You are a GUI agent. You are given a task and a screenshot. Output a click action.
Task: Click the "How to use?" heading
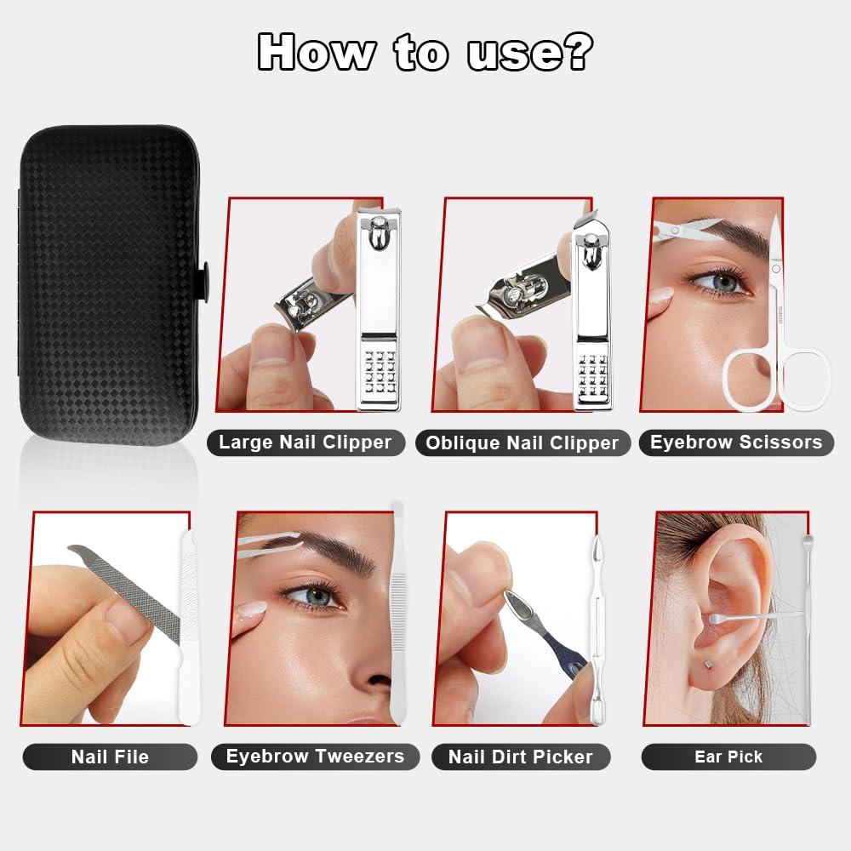click(425, 52)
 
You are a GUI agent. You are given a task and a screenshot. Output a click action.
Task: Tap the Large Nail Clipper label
click(305, 443)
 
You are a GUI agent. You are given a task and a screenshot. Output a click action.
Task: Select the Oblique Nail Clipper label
click(523, 443)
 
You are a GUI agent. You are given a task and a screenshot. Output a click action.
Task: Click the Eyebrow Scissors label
click(736, 443)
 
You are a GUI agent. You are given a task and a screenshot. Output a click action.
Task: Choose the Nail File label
click(110, 757)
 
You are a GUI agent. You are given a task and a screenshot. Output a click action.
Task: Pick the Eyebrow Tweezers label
click(316, 757)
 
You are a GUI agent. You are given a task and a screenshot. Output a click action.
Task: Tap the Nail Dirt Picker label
click(521, 757)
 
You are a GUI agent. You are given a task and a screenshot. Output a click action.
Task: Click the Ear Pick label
click(729, 757)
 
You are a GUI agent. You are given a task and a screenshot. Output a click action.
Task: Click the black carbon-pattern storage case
click(111, 285)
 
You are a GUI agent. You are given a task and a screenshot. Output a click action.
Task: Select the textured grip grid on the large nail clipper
click(380, 372)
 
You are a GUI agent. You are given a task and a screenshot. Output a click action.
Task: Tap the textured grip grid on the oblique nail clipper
click(592, 374)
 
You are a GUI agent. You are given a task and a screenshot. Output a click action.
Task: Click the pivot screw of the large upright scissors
click(776, 269)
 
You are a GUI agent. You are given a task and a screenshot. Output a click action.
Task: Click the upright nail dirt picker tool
click(597, 630)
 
